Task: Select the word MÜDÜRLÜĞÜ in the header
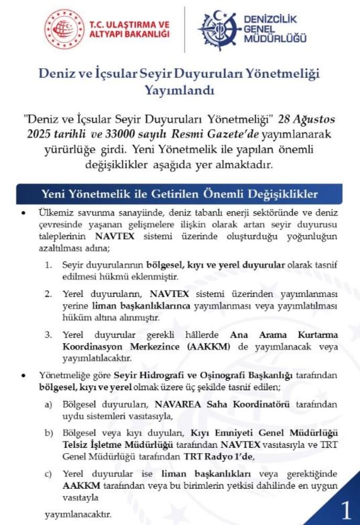click(x=275, y=39)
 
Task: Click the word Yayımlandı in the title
click(x=179, y=90)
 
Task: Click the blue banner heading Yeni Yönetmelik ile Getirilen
click(x=179, y=194)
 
